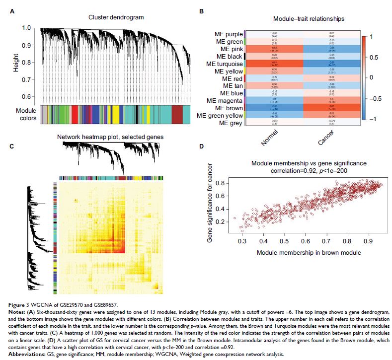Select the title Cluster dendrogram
click(116, 17)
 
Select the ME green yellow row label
click(220, 116)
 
